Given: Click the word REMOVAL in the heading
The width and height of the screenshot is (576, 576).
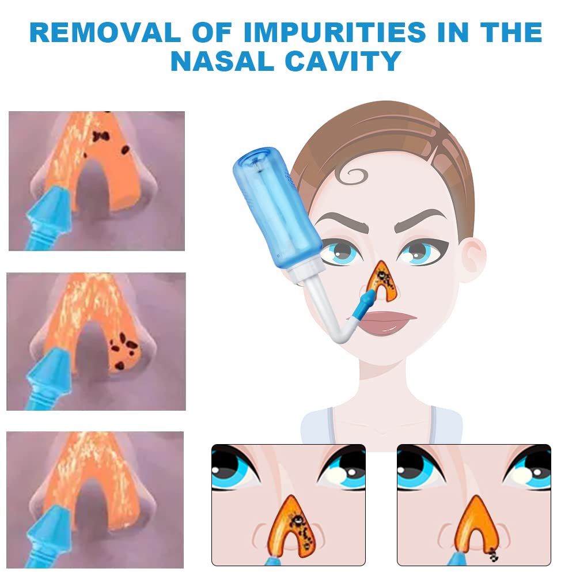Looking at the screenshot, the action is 105,32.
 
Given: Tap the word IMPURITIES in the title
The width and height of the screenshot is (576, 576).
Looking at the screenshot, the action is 335,32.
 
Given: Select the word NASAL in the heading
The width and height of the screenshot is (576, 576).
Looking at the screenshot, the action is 222,61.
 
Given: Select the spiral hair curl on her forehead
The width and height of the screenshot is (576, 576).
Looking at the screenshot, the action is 353,176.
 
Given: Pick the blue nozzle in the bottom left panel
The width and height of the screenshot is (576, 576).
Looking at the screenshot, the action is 48,536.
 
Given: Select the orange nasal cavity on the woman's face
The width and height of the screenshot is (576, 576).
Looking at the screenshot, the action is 382,281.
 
